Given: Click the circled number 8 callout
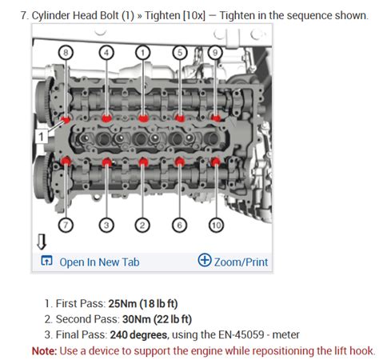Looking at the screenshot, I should click(67, 53).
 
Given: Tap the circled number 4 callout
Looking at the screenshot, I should click(106, 53).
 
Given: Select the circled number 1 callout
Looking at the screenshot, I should click(143, 53).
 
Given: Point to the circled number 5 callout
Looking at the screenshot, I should click(182, 53).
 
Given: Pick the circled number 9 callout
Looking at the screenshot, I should click(214, 53).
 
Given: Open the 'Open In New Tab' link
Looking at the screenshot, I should click(99, 262).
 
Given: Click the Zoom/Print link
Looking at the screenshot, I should click(241, 262).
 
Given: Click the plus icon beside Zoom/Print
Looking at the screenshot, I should click(205, 261).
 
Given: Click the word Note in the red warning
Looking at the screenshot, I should click(44, 350).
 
